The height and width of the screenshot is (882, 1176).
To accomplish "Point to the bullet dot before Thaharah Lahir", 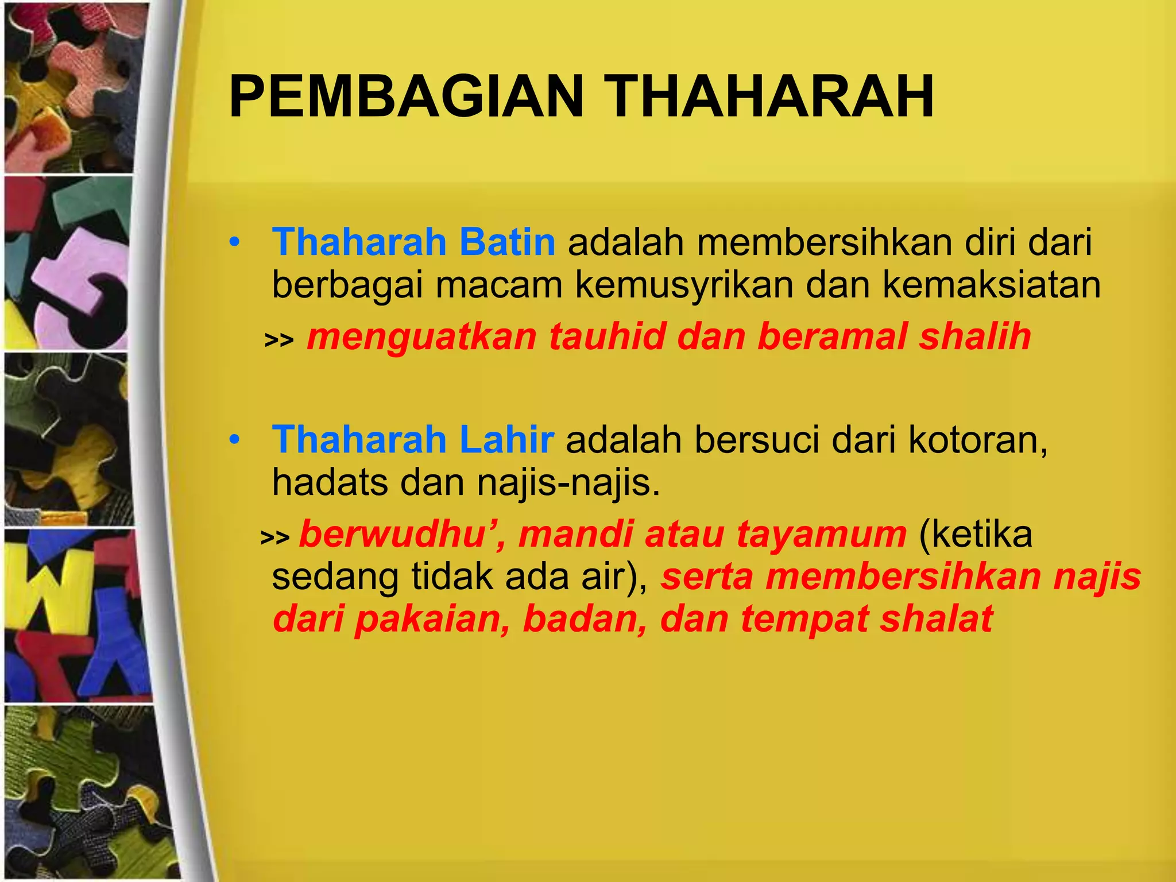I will [234, 440].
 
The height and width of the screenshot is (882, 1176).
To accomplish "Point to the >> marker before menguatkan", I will [279, 340].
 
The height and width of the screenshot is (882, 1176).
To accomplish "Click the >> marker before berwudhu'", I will [275, 537].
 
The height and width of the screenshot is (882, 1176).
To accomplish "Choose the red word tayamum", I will [822, 534].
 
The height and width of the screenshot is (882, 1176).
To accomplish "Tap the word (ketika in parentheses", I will [976, 534].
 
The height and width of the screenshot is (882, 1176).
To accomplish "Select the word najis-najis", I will [568, 482].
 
